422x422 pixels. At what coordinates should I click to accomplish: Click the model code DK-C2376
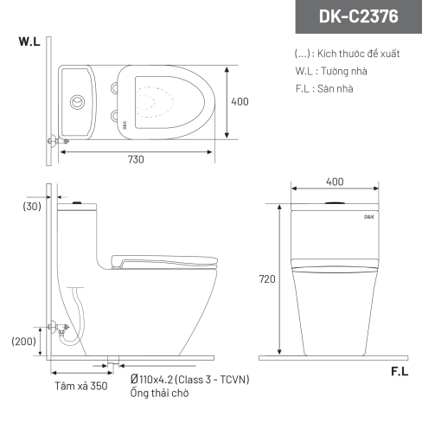[x=358, y=16]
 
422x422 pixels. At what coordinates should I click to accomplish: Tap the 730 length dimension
[x=136, y=159]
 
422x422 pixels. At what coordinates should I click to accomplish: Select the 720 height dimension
[x=267, y=279]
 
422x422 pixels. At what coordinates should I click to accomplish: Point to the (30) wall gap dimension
[x=32, y=207]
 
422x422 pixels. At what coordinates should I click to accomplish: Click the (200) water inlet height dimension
[x=23, y=342]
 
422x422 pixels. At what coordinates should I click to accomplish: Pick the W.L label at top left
[x=29, y=42]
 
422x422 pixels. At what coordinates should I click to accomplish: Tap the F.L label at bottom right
[x=400, y=372]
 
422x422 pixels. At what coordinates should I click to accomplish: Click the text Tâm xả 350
[x=81, y=386]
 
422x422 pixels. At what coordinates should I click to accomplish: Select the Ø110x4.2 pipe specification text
[x=189, y=380]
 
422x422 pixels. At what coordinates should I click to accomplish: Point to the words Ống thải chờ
[x=159, y=393]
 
